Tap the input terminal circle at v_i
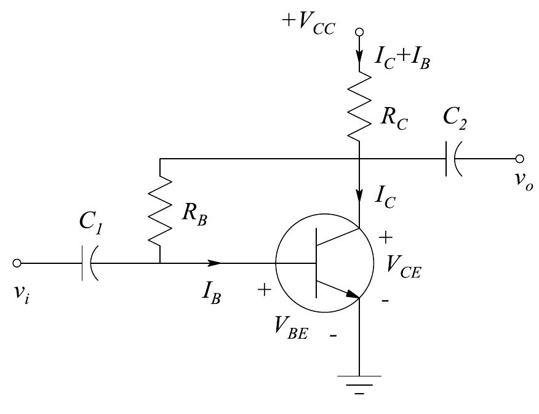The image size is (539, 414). tap(17, 263)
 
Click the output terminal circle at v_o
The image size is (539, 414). tap(521, 159)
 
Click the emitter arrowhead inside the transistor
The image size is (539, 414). tap(353, 295)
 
